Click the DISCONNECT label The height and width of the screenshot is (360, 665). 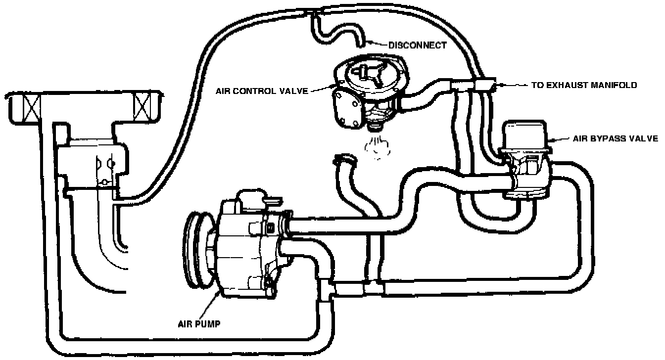tap(417, 45)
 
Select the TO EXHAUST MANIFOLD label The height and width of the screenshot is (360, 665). tap(584, 85)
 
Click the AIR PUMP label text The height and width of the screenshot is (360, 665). tap(199, 324)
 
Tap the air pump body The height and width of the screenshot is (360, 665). tap(242, 247)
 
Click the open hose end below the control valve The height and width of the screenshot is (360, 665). tap(344, 159)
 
